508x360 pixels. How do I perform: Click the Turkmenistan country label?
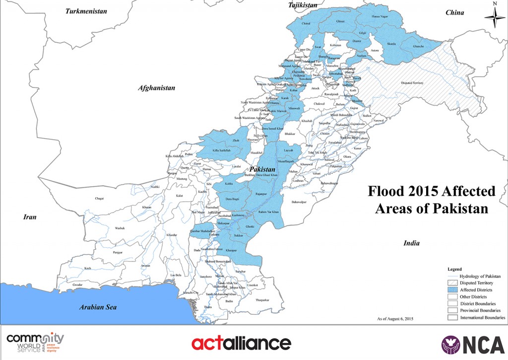86,10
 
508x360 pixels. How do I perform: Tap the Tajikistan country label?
303,5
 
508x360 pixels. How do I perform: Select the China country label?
454,12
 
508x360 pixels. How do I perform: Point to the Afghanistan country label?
157,88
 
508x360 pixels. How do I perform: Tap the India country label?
411,243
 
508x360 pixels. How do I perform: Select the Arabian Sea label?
98,307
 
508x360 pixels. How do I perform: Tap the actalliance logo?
241,343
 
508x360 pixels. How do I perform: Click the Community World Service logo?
35,343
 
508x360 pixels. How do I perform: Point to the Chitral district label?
306,23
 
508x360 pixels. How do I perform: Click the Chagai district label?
100,198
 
